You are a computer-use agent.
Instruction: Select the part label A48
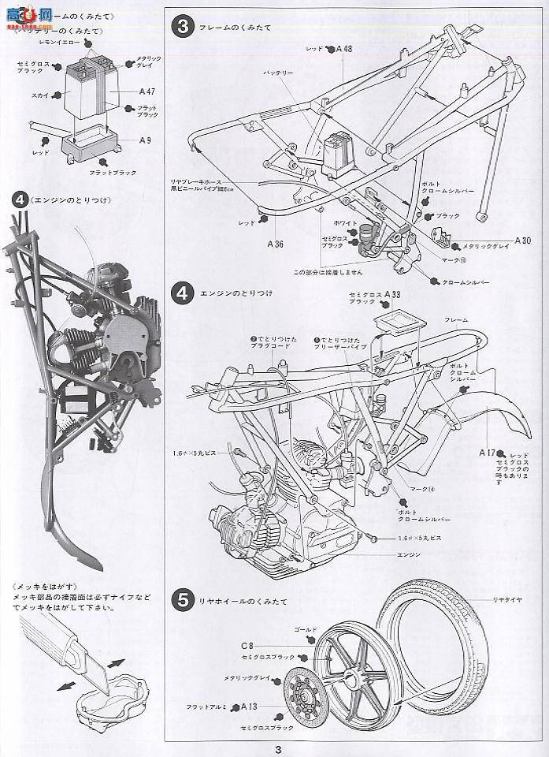(343, 50)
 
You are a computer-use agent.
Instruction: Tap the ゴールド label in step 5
(305, 630)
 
